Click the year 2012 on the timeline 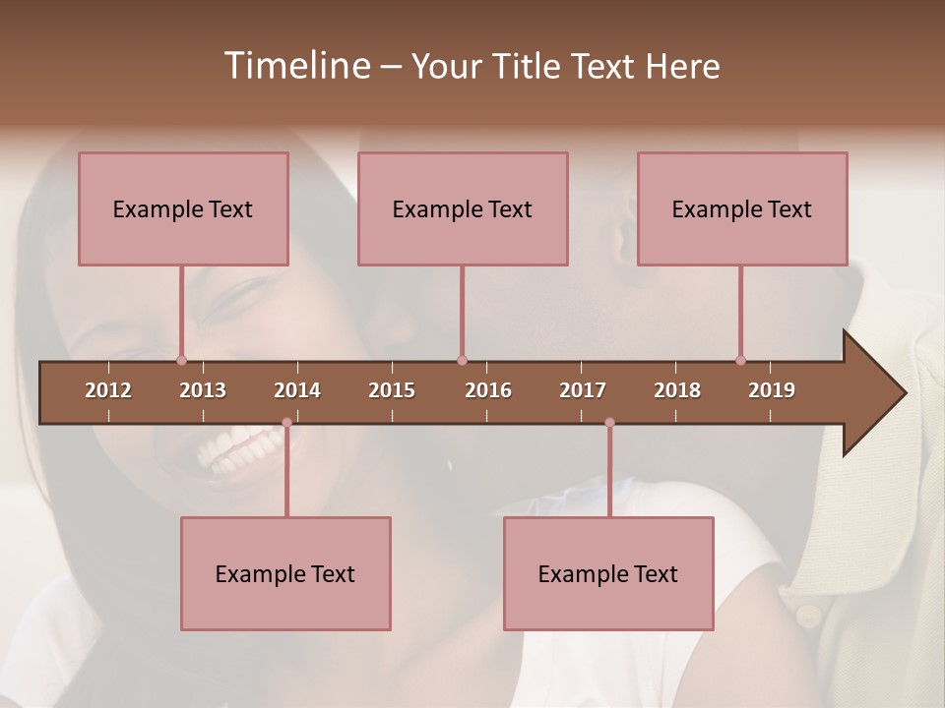click(108, 390)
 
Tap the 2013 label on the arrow click(203, 390)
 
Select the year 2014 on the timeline click(297, 390)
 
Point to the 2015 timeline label click(392, 390)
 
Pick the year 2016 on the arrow click(488, 390)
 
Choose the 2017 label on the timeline click(583, 390)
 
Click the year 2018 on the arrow click(677, 390)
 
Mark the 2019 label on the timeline click(772, 390)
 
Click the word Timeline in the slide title click(295, 66)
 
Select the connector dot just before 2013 click(181, 360)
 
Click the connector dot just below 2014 click(286, 422)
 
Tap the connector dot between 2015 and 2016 click(462, 360)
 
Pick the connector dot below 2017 click(609, 422)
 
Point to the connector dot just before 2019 click(740, 360)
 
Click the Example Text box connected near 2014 click(285, 573)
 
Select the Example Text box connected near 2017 click(608, 573)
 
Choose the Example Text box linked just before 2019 click(742, 208)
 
